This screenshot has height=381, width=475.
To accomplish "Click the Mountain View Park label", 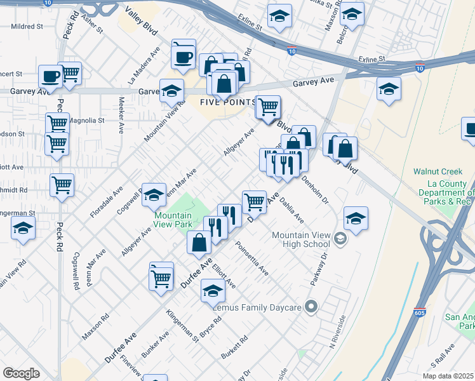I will click(173, 220).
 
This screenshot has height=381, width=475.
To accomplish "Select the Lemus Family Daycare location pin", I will click(311, 307).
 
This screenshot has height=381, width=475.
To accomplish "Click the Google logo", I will click(21, 373).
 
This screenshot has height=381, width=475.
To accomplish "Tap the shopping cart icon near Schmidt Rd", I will click(62, 185).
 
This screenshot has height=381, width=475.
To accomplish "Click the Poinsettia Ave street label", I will click(251, 258).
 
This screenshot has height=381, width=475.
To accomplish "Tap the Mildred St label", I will click(27, 27).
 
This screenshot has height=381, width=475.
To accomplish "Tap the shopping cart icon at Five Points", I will click(269, 106).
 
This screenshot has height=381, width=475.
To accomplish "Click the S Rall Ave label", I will click(442, 358).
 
